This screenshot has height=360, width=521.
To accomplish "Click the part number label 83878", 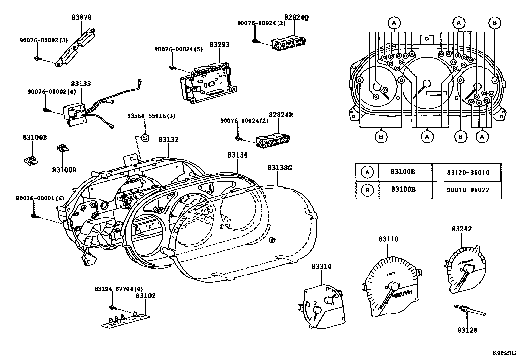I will (81, 17).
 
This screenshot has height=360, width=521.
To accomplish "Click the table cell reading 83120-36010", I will (466, 172).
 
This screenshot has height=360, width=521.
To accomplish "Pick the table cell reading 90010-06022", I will (466, 190).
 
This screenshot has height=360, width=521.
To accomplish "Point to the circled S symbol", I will (145, 138).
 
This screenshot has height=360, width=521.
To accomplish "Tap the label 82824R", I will (281, 115).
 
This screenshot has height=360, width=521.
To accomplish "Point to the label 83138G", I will (279, 168).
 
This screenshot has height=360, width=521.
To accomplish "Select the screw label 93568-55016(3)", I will (151, 116).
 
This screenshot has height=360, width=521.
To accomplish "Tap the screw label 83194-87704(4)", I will (118, 289).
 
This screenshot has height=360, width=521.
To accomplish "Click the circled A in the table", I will (367, 172).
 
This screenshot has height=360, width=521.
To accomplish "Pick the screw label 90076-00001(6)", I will (40, 198).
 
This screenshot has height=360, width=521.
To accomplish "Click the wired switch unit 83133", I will (76, 113).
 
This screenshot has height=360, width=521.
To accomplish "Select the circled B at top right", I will (494, 23).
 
